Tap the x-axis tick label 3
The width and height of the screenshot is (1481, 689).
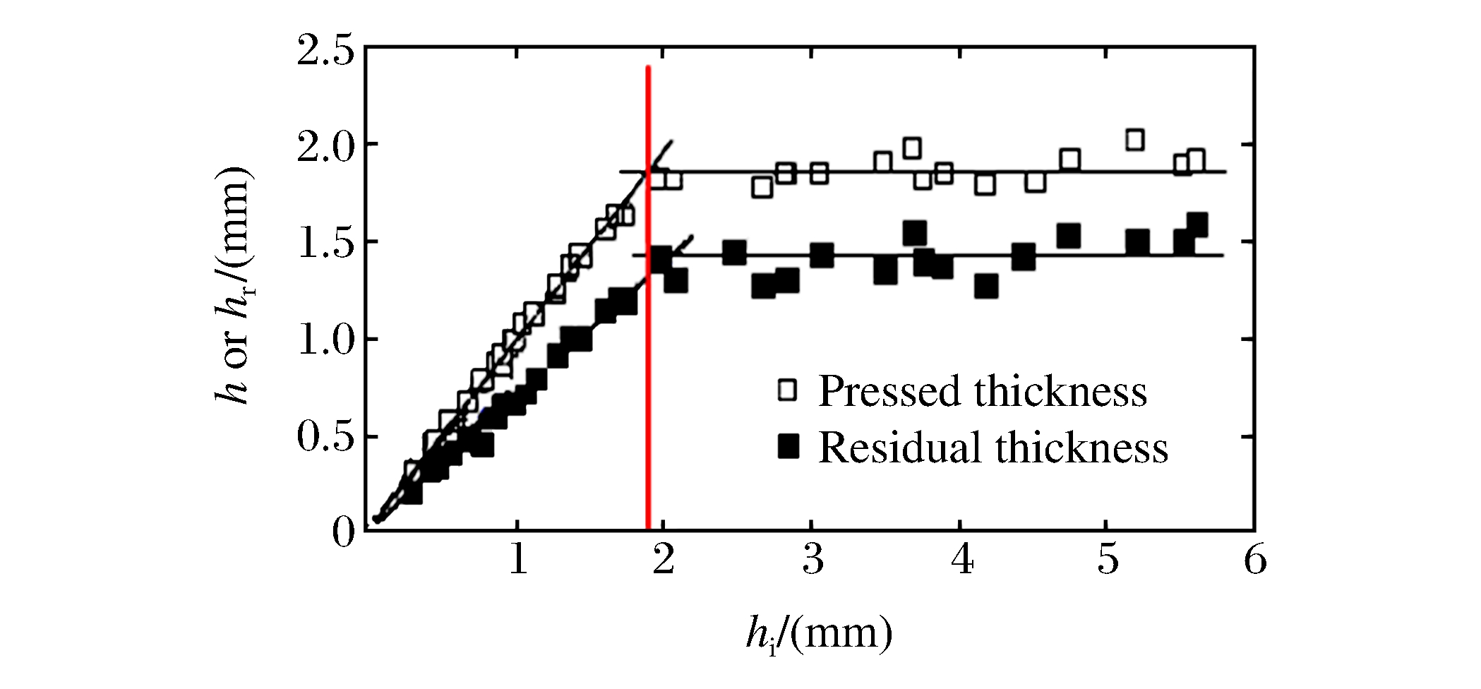point(813,563)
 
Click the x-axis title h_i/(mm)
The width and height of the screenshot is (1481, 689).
point(820,635)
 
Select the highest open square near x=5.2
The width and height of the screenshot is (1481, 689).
point(1134,139)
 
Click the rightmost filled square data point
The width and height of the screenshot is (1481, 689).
point(1197,225)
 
